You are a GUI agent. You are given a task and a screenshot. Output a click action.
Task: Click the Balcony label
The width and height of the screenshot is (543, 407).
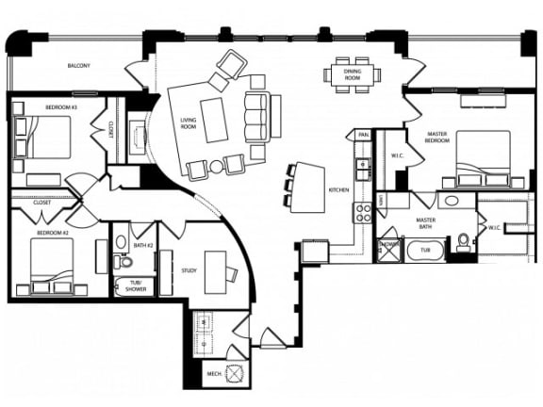click(79, 66)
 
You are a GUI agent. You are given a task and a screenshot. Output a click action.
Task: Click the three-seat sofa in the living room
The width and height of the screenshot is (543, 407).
click(255, 118)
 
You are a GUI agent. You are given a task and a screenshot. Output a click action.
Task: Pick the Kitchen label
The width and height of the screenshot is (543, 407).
click(338, 190)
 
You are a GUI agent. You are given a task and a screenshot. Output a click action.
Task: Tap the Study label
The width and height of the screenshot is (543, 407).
click(189, 271)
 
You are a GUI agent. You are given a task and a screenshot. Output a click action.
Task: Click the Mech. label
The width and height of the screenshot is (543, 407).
click(215, 374)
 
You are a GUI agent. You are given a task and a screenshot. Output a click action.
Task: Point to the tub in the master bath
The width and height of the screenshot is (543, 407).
click(425, 251)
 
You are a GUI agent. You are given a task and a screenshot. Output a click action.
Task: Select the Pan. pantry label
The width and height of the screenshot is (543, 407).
click(363, 136)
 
